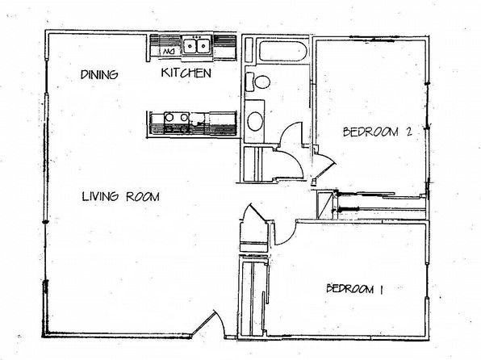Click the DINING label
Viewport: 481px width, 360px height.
99,74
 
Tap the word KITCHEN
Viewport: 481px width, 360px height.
186,73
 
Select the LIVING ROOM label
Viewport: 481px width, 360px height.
121,196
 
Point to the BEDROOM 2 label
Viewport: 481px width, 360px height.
378,132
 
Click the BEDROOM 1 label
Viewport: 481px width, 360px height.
354,289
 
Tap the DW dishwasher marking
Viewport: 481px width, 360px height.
168,51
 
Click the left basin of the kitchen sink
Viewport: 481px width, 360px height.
190,46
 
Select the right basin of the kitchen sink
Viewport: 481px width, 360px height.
203,46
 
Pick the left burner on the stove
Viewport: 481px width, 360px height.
169,117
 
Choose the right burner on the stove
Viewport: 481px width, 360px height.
184,117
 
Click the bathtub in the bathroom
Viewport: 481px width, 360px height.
282,50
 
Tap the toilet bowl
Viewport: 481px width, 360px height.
262,82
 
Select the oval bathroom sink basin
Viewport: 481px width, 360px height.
255,121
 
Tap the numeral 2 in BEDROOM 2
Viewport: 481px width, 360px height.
408,132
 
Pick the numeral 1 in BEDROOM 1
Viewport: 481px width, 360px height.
381,290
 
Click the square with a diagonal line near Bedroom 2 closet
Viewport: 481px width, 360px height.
325,205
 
